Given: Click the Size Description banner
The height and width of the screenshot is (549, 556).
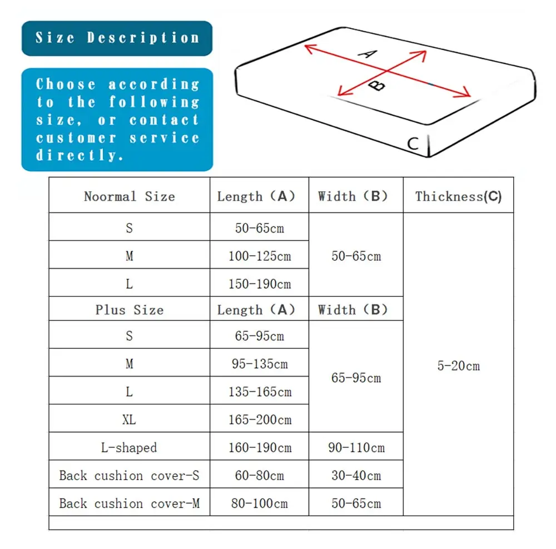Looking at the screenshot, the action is [x=117, y=38].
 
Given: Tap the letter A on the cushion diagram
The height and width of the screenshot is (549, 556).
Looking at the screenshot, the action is [x=368, y=53].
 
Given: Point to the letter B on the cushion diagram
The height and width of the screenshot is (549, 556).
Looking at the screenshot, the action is [x=377, y=85].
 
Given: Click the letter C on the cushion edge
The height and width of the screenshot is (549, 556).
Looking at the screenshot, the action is [x=413, y=144].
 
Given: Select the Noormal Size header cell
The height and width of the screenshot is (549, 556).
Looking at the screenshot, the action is [x=129, y=196].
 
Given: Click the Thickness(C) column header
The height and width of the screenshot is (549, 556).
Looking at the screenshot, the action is [x=458, y=196].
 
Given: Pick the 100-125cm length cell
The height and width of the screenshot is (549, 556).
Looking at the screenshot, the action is [x=259, y=256].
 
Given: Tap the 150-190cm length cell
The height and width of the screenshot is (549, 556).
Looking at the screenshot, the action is [x=259, y=284].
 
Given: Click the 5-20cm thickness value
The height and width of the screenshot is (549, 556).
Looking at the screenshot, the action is [x=458, y=366].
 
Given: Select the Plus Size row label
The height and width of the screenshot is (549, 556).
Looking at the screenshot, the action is [x=129, y=310].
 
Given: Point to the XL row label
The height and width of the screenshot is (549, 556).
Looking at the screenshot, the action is [x=129, y=419].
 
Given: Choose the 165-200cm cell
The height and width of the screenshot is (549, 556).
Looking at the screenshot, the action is [x=259, y=419].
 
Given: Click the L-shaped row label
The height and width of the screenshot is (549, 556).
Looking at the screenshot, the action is [x=129, y=447].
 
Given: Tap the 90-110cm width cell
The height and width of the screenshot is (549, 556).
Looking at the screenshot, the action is [x=356, y=447].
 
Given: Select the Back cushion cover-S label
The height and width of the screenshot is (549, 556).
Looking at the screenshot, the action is [x=129, y=476].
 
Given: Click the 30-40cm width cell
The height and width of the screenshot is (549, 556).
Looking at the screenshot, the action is [x=356, y=476].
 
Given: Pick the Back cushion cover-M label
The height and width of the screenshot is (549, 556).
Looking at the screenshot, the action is [x=129, y=503].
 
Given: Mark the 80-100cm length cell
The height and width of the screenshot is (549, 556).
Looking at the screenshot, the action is [x=259, y=503].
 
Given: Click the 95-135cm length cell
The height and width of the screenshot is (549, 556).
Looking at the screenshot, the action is [x=259, y=364].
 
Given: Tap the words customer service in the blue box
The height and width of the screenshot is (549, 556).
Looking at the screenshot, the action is [x=117, y=138].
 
